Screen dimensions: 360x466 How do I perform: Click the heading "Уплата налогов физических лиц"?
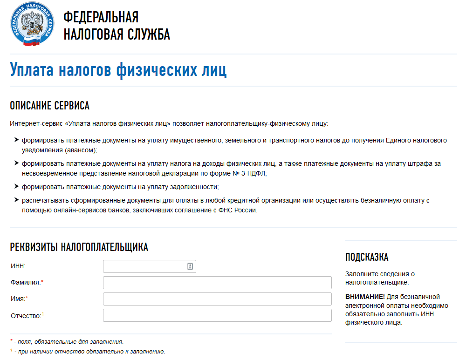[x=118, y=70]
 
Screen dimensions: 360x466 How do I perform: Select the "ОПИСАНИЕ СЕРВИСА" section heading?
[x=49, y=106]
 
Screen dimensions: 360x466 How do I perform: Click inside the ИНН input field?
[x=144, y=266]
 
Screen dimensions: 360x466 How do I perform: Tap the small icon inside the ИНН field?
[x=190, y=266]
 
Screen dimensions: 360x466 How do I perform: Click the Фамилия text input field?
[x=217, y=283]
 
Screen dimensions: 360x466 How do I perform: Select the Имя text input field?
[x=217, y=299]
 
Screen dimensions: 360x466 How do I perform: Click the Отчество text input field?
[x=217, y=315]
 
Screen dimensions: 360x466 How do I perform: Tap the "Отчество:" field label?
[x=27, y=316]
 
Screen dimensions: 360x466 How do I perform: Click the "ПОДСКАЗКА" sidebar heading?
[x=367, y=257]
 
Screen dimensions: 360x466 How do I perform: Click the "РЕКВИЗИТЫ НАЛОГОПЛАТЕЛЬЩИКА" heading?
[x=79, y=247]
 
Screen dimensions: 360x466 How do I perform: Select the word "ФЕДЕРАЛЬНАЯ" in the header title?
[x=101, y=17]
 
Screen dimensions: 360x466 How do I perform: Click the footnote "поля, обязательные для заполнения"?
[x=69, y=341]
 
